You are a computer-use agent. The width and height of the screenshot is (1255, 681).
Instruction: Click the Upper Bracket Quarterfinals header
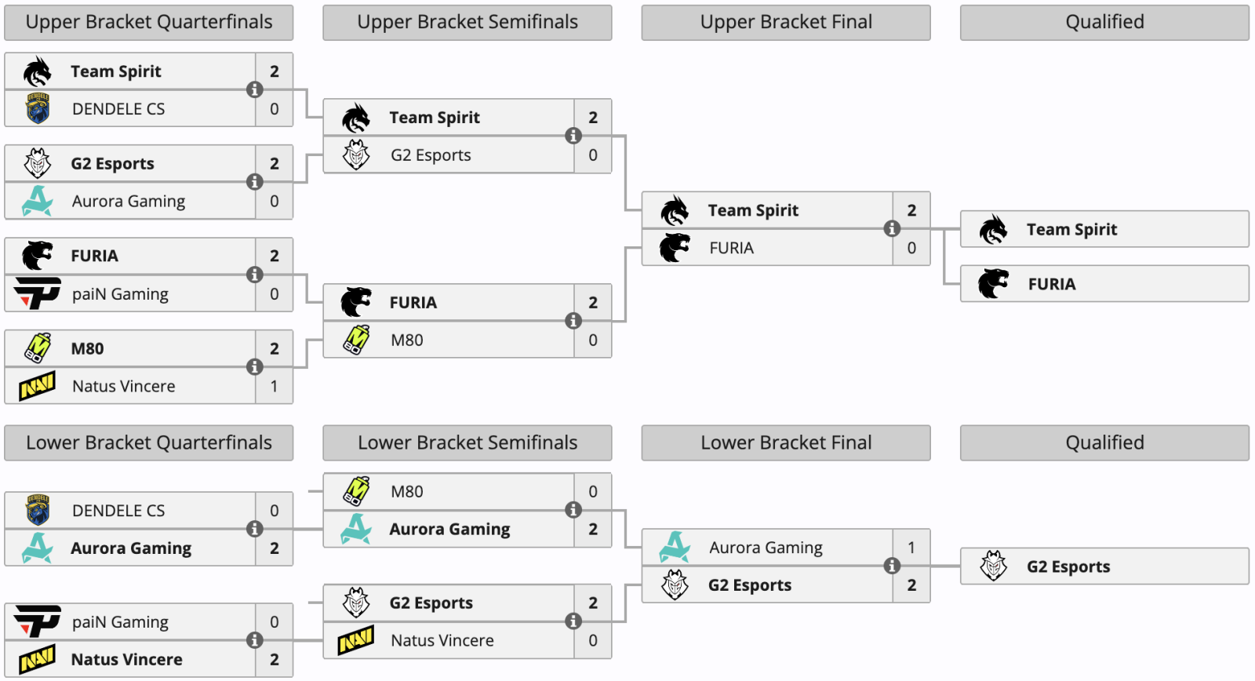[x=148, y=23]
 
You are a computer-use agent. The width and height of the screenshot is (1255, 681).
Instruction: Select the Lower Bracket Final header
[x=786, y=442]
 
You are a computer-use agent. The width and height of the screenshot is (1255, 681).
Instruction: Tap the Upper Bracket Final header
[x=786, y=23]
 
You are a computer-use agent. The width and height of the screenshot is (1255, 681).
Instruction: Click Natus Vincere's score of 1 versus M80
[x=274, y=386]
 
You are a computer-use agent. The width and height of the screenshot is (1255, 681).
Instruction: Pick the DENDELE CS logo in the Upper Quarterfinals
[x=38, y=108]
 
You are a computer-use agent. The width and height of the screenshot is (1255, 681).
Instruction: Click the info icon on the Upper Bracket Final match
[x=892, y=228]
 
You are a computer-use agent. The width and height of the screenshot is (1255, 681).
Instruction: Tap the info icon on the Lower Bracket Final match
[x=892, y=566]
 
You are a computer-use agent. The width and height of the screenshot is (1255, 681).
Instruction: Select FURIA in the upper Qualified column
[x=1052, y=284]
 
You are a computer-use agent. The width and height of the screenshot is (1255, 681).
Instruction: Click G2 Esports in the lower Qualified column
[x=1068, y=566]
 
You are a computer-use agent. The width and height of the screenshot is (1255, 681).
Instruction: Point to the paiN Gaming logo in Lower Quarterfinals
[x=37, y=621]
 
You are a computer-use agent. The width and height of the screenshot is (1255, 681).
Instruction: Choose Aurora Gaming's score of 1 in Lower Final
[x=911, y=547]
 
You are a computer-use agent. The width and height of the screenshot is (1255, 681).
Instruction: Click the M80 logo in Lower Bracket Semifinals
[x=356, y=491]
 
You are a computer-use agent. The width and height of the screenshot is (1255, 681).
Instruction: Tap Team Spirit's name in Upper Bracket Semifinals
[x=435, y=118]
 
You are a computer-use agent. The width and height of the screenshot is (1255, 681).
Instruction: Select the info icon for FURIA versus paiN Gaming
[x=255, y=275]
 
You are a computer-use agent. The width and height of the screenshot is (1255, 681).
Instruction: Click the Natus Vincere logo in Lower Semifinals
[x=356, y=640]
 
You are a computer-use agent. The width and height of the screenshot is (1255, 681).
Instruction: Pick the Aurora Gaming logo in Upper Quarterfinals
[x=37, y=201]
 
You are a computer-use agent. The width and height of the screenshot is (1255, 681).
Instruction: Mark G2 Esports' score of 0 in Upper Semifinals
[x=593, y=155]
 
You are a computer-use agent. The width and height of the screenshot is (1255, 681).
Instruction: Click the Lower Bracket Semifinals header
[x=467, y=442]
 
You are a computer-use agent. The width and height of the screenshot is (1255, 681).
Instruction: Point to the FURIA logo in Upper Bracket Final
[x=675, y=248]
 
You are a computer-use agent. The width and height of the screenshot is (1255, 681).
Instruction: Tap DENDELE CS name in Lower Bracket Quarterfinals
[x=118, y=511]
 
